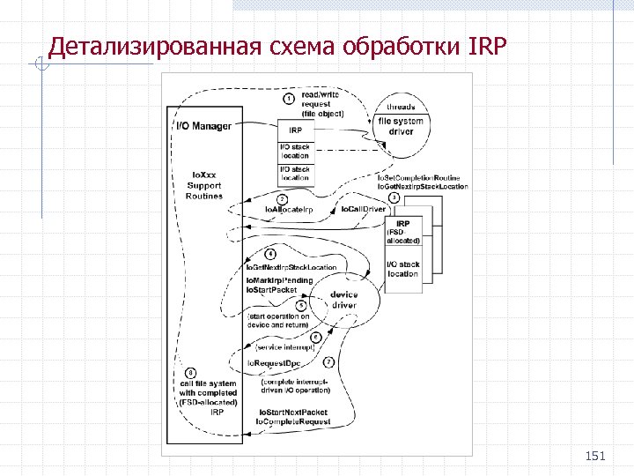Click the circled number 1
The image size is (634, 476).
pos(289,98)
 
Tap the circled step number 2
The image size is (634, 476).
pos(281,199)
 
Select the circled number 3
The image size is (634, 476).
pos(395,197)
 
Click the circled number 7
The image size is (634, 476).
pos(328,362)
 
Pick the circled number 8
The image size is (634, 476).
pos(191,373)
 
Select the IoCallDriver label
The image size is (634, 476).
pos(363,210)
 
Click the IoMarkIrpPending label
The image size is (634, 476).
pos(279,279)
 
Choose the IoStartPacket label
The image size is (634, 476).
pos(272,289)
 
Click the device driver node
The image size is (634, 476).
pos(343,300)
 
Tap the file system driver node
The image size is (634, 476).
pos(402,125)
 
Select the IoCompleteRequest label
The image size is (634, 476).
pos(293,422)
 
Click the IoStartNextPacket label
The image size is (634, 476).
pos(292,413)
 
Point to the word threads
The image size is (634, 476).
pos(402,107)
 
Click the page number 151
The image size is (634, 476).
pos(596,456)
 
